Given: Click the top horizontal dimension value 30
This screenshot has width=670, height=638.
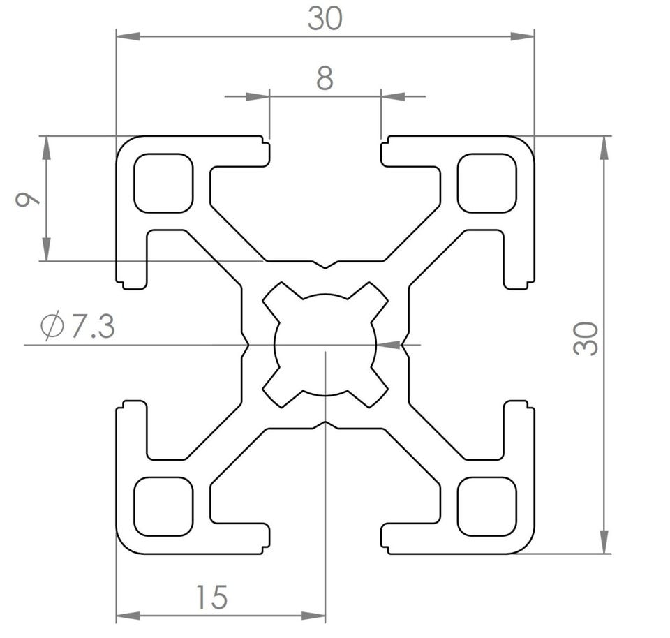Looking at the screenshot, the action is pos(325,19).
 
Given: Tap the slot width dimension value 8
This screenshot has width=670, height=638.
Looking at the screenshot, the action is pos(325,78).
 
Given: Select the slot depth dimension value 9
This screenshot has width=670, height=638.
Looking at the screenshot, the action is pos(27,199).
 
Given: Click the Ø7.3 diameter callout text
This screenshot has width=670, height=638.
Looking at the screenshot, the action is pos(77,326).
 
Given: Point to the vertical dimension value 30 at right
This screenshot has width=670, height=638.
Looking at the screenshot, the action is pos(586,339).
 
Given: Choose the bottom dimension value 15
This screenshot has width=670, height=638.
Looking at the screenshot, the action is pos(212,597).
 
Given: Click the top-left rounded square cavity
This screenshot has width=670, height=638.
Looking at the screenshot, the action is pos(163,184).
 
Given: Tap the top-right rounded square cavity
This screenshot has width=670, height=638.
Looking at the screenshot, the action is pos(486,184).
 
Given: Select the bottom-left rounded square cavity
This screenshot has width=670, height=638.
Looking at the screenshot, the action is pos(163,506).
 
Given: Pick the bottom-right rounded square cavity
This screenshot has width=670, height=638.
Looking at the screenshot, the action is pos(486,506).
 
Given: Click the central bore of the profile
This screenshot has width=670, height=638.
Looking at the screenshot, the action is pos(325,344).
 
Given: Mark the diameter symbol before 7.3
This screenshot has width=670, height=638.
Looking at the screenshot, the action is pos(52,327).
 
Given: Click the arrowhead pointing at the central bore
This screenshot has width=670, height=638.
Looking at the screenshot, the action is pos(389,344).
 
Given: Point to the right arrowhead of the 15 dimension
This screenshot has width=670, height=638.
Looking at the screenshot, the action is pos(313,616).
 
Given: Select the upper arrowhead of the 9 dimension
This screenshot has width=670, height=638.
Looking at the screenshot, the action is pos(47,148).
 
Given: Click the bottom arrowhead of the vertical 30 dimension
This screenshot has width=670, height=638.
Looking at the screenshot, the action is pos(604,542).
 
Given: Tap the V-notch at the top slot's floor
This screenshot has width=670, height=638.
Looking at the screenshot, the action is pos(326,265).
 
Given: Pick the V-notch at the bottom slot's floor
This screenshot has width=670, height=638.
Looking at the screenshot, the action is pos(326,425).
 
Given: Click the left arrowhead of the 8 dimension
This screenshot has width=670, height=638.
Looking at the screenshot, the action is pos(258,96).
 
